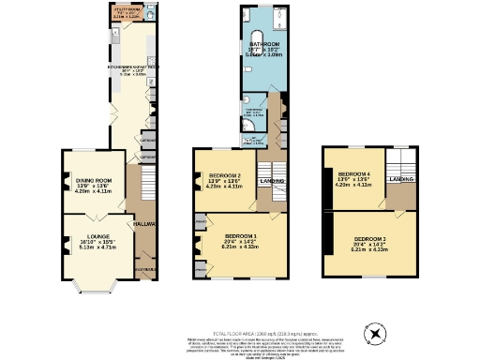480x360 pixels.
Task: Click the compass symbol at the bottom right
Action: point(377,333)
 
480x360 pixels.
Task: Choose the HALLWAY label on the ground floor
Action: point(143,224)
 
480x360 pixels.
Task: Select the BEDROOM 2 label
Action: point(225,175)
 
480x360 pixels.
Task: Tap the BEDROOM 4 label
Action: point(354,174)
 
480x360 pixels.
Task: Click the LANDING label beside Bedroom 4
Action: point(403,178)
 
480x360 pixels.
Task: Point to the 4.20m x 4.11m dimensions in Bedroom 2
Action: point(225,187)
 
